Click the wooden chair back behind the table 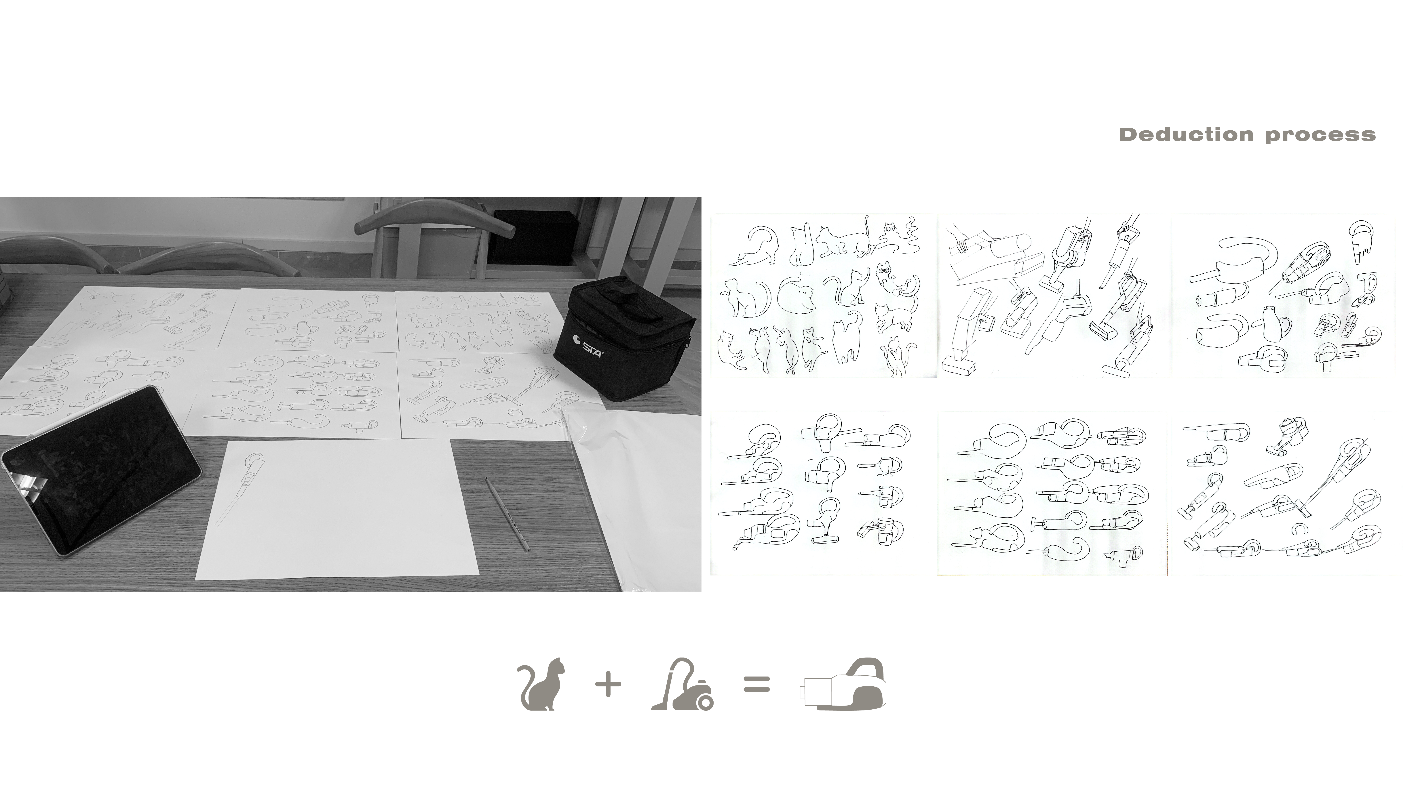(436, 223)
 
